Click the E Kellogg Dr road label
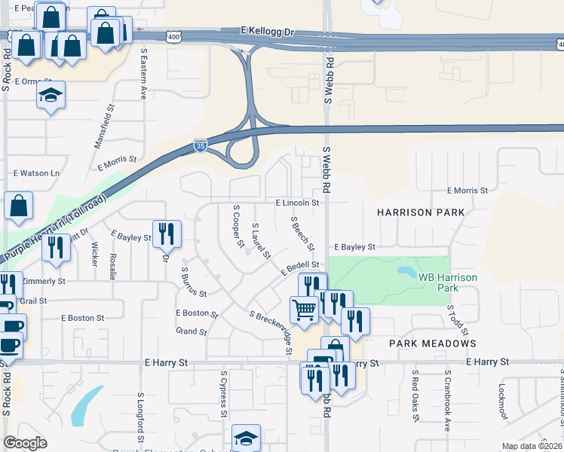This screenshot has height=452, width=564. click(x=267, y=32)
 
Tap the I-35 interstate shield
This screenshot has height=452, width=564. click(x=200, y=145)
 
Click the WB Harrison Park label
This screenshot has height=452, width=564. click(x=448, y=282)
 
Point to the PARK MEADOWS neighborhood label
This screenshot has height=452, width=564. click(x=432, y=344)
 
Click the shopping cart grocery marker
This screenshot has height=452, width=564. click(x=304, y=309)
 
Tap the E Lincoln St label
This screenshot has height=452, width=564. click(x=297, y=203)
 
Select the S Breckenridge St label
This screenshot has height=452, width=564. click(x=270, y=332)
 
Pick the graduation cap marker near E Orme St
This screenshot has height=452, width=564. click(x=51, y=96)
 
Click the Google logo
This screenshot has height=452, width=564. click(x=26, y=443)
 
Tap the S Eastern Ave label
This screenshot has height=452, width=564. click(x=143, y=74)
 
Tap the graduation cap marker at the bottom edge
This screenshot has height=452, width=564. click(x=246, y=438)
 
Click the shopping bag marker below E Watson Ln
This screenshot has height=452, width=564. click(x=18, y=206)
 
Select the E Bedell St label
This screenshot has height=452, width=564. click(x=300, y=267)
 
